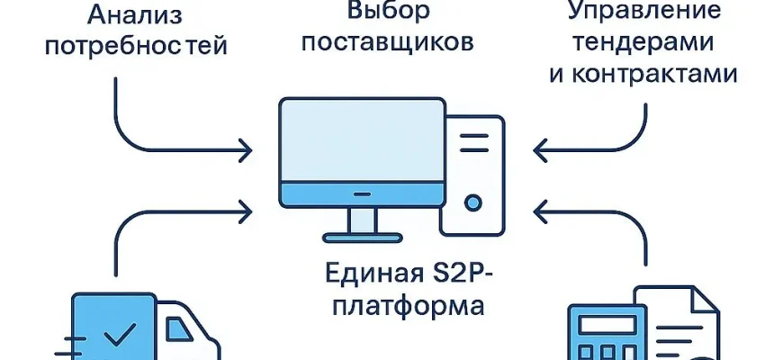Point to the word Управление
[643, 11]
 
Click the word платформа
[409, 303]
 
